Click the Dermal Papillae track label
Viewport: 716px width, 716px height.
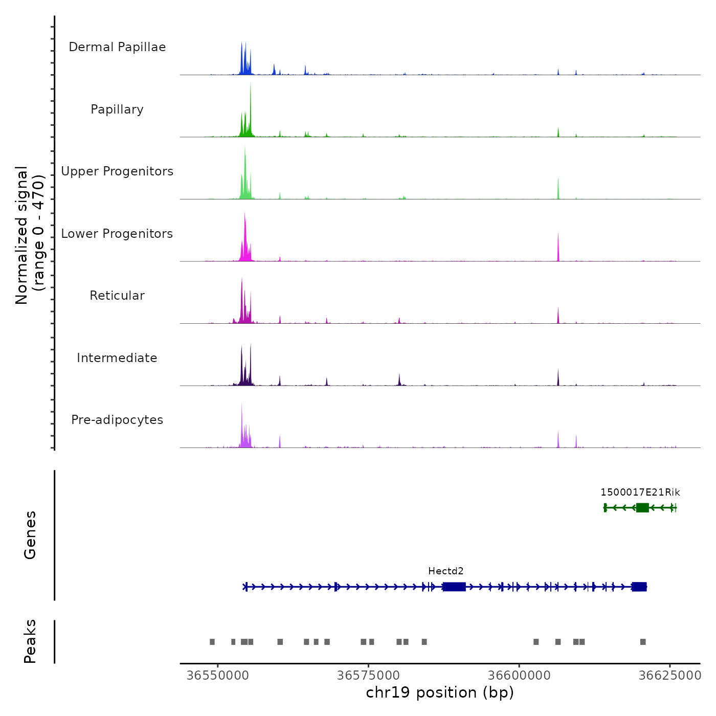click(x=117, y=47)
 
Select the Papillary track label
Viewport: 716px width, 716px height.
click(x=117, y=109)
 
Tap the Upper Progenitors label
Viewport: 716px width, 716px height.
click(x=117, y=171)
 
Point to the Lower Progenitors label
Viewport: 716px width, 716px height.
click(x=117, y=234)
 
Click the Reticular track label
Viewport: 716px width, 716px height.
click(x=117, y=296)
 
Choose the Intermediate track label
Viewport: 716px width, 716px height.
click(x=117, y=358)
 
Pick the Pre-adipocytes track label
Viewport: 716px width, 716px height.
click(x=117, y=420)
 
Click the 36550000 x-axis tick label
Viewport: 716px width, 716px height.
click(x=218, y=676)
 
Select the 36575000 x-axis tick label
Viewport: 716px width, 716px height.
click(x=368, y=676)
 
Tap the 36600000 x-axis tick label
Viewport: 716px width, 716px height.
click(x=519, y=676)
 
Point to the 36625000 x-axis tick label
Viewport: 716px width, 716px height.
click(x=669, y=676)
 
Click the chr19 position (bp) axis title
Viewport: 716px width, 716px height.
click(x=440, y=692)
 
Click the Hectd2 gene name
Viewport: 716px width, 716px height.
click(x=446, y=571)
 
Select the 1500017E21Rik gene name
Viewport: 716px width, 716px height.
click(x=640, y=493)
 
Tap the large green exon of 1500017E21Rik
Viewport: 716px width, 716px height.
click(x=642, y=507)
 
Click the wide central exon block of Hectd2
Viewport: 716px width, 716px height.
click(x=454, y=587)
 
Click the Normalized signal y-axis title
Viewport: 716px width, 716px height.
click(x=30, y=235)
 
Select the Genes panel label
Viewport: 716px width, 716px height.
click(x=30, y=535)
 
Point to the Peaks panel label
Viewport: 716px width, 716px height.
click(x=30, y=641)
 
